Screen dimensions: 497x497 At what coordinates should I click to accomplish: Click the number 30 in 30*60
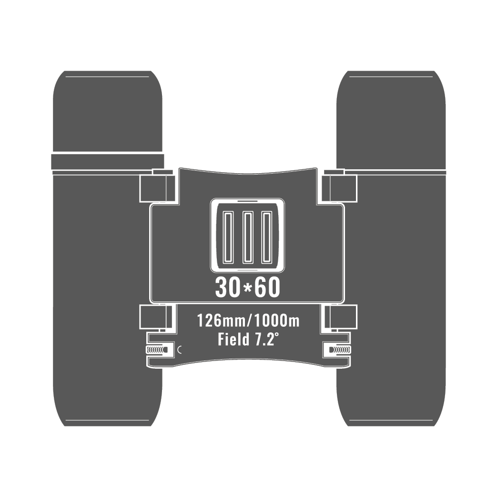tap(227, 288)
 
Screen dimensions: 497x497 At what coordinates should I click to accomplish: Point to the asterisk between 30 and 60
tap(248, 287)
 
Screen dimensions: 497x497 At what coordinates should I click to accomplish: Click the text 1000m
tap(276, 321)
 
